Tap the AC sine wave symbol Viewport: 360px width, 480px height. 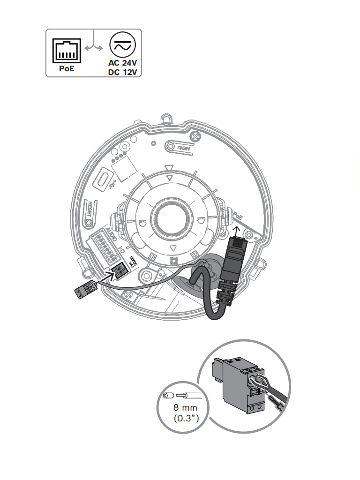[x=122, y=45]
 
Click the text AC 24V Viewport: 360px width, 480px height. [x=122, y=63]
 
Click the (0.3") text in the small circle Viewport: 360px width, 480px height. [x=186, y=418]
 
